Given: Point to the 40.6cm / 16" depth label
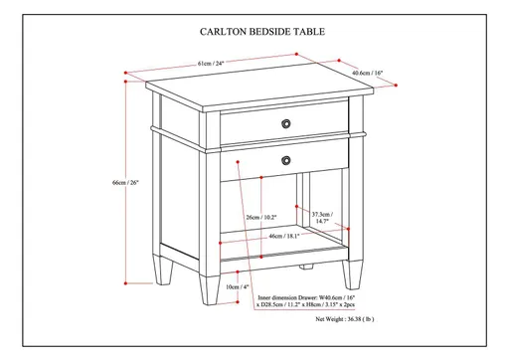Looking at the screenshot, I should click(369, 73).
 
